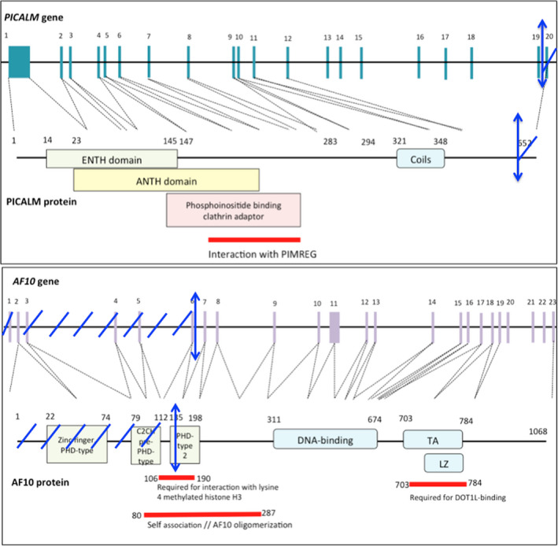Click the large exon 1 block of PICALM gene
tap(19, 62)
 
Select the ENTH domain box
tap(111, 159)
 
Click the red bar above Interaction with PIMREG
tap(254, 239)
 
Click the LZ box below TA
tap(443, 462)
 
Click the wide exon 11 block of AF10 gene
tap(334, 326)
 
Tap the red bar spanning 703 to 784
tap(438, 485)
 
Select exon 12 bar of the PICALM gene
tap(288, 63)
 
